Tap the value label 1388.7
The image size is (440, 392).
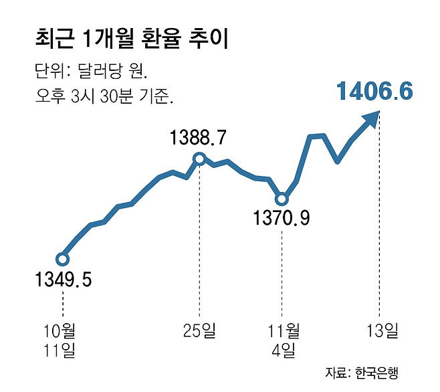(199, 138)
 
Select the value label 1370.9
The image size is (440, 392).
(281, 218)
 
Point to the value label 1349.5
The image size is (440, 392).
(63, 278)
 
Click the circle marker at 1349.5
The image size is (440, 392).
(62, 259)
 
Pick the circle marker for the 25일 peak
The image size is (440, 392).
(199, 159)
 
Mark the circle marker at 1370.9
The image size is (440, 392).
(282, 199)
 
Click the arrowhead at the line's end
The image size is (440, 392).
(370, 120)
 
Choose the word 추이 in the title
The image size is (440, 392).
(213, 38)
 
